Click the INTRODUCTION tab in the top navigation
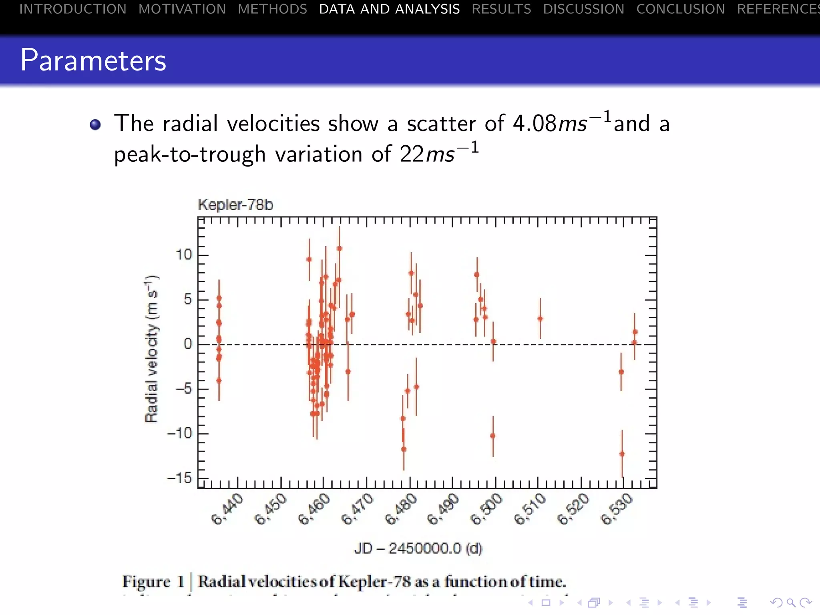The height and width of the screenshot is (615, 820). (73, 9)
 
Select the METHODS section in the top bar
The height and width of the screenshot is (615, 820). (272, 9)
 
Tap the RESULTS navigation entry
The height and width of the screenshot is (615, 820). (501, 9)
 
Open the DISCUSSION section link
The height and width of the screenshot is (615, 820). (583, 9)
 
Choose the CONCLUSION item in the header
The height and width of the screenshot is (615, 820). (680, 9)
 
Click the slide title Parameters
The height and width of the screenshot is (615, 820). (93, 60)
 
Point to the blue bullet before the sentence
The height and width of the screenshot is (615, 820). (95, 125)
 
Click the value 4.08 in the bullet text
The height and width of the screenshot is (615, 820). (535, 123)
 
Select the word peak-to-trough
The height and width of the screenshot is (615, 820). (190, 155)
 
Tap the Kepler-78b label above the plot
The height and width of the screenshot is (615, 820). (235, 205)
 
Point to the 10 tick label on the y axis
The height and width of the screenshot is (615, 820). (184, 255)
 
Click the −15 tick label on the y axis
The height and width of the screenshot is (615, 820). (179, 478)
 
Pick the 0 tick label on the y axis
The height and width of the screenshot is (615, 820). (187, 344)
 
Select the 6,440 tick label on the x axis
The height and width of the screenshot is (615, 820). (227, 509)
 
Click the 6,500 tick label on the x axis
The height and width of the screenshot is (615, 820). (486, 509)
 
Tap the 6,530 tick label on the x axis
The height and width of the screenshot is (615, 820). (617, 509)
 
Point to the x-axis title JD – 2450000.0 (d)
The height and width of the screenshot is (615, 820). (418, 548)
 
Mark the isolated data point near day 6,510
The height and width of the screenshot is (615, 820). (540, 319)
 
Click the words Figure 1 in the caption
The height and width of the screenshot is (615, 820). (153, 582)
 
